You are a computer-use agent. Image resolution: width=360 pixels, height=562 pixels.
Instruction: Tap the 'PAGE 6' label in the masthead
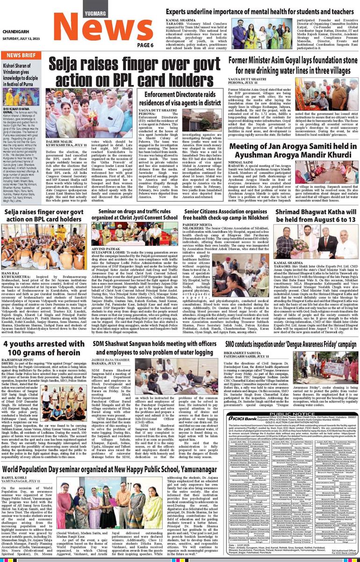click(x=145, y=45)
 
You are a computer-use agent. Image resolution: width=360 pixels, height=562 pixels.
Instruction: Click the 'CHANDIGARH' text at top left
click(x=16, y=32)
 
